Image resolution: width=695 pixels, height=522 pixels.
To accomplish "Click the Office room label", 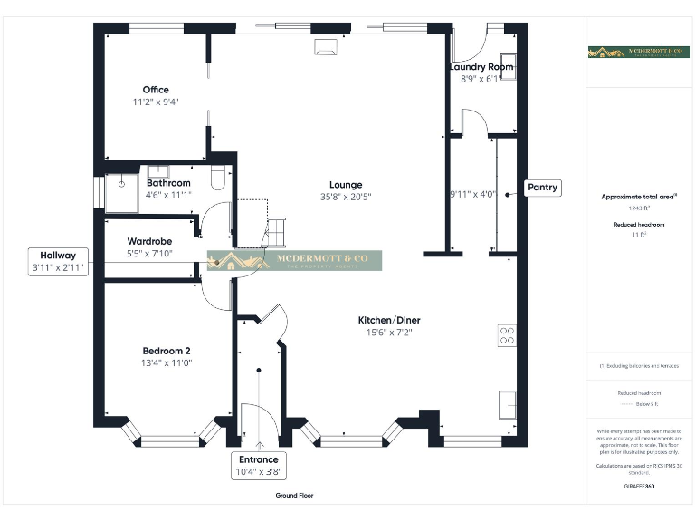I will pyautogui.click(x=155, y=90).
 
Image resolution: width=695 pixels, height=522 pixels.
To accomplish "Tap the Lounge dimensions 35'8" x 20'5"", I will pyautogui.click(x=346, y=197).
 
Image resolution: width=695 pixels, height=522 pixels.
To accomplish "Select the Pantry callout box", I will pyautogui.click(x=544, y=188).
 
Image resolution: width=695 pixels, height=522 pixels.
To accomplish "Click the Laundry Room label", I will pyautogui.click(x=481, y=67).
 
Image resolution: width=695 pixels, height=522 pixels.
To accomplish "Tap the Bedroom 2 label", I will pyautogui.click(x=167, y=351).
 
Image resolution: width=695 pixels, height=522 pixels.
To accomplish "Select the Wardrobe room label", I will pyautogui.click(x=150, y=241).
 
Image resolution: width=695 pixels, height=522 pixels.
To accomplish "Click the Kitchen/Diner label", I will pyautogui.click(x=389, y=321).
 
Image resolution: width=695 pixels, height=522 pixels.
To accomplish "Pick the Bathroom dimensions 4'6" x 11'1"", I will pyautogui.click(x=168, y=194).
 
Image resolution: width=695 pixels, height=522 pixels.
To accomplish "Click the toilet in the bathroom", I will pyautogui.click(x=216, y=177).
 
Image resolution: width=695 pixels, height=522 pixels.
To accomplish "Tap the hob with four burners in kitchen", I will pyautogui.click(x=507, y=336).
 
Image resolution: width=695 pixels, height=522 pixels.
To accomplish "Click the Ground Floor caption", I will pyautogui.click(x=295, y=496).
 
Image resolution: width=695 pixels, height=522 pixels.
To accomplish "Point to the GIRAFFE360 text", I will pyautogui.click(x=639, y=487).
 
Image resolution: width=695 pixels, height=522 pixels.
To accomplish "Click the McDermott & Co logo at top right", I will pyautogui.click(x=638, y=53).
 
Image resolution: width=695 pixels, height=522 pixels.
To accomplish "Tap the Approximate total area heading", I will pyautogui.click(x=639, y=196).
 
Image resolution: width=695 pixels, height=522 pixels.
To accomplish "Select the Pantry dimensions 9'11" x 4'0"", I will pyautogui.click(x=471, y=194).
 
